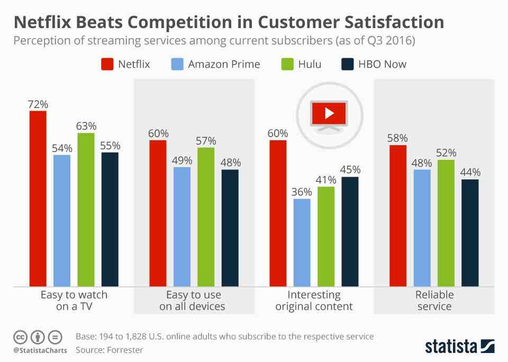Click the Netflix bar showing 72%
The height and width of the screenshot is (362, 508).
click(38, 198)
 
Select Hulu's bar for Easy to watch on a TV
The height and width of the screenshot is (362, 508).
click(86, 210)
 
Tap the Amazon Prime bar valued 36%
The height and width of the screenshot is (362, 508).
click(302, 242)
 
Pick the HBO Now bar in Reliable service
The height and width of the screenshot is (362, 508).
click(470, 233)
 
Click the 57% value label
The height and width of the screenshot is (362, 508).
click(206, 141)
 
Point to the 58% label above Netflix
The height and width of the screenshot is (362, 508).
click(398, 138)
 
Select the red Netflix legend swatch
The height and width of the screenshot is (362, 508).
click(107, 65)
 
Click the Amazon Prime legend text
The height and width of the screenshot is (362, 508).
click(224, 65)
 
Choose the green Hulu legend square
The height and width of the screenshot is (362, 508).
click(286, 65)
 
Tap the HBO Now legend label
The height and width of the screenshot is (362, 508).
click(382, 65)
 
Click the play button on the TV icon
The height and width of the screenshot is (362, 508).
click(328, 112)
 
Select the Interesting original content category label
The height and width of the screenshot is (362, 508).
click(314, 301)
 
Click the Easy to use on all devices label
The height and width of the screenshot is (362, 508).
click(194, 301)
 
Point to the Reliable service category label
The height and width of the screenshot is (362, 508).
click(434, 301)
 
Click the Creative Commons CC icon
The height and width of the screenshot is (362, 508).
click(20, 337)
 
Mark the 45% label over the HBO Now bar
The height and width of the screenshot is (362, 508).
click(350, 170)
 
